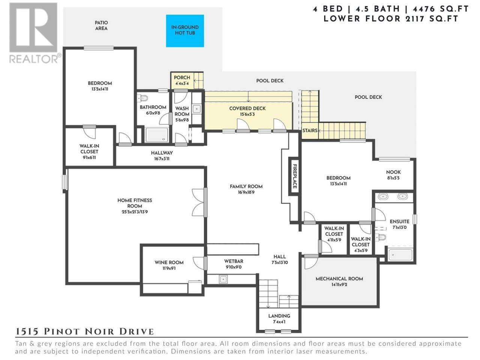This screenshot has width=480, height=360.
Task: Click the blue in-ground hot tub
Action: tap(185, 31)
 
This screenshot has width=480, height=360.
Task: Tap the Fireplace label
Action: tap(295, 176)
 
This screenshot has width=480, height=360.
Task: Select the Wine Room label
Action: tap(169, 262)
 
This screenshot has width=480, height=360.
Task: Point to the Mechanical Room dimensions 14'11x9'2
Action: tap(339, 285)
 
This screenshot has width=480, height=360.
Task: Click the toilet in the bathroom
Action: tap(142, 98)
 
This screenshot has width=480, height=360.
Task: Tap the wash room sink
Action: tap(196, 109)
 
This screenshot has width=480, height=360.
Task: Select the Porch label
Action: tap(182, 78)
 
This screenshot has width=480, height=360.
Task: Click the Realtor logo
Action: tap(34, 33)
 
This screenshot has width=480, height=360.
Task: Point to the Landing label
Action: tap(279, 316)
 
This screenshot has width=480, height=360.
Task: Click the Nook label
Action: tap(393, 172)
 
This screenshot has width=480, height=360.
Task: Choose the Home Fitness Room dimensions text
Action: tap(135, 212)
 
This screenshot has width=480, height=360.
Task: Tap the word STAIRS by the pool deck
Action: tap(310, 130)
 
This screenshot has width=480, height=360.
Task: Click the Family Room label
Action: tap(246, 186)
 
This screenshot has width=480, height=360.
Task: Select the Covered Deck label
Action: tap(247, 108)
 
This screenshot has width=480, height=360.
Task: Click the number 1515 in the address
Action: tap(27, 331)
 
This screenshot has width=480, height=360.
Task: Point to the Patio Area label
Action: tap(101, 25)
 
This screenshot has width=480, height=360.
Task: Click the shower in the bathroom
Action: tap(157, 135)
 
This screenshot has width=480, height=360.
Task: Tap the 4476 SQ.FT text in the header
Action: tap(441, 9)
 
